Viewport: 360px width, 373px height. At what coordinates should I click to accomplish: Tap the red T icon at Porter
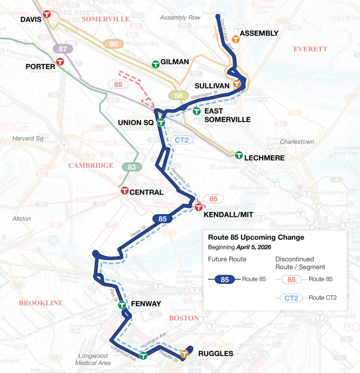[x=60, y=62]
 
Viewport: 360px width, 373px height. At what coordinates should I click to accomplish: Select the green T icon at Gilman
[x=156, y=64]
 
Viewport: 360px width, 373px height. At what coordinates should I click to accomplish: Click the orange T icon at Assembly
[x=235, y=39]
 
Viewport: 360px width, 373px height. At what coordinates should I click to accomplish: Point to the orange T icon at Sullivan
[x=236, y=84]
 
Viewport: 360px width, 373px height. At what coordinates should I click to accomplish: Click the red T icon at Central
[x=124, y=191]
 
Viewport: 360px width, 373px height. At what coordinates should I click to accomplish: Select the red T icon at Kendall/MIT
[x=198, y=207]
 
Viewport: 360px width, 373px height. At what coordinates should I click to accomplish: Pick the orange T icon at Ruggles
[x=185, y=354]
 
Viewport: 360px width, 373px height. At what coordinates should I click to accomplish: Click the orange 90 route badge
[x=114, y=44]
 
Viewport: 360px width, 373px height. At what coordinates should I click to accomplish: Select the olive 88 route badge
[x=178, y=95]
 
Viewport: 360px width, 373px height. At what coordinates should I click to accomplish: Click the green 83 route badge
[x=132, y=167]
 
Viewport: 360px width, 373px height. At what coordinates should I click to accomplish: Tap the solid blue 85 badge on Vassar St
[x=162, y=219]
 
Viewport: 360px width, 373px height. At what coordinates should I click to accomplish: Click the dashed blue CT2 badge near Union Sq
[x=182, y=140]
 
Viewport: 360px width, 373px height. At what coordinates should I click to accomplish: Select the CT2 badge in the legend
[x=291, y=298]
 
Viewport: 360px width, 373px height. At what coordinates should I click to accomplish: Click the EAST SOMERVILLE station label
[x=227, y=115]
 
